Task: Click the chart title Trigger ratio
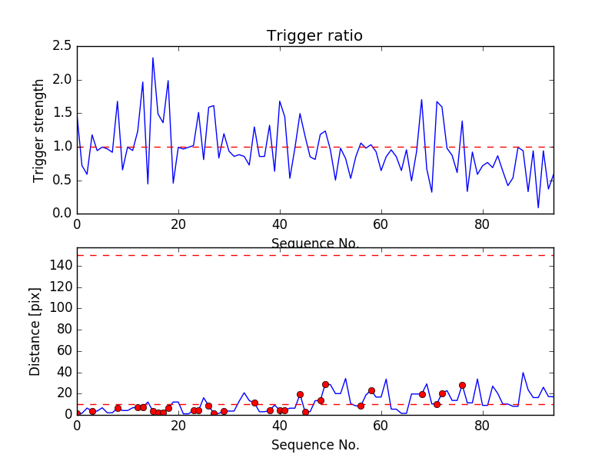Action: (x=314, y=36)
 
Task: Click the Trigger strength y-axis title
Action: (x=39, y=130)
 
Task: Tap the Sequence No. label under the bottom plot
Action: (x=314, y=445)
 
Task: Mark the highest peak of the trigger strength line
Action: (x=153, y=58)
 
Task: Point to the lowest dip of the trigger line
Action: (x=538, y=207)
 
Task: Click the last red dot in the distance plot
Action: (x=462, y=385)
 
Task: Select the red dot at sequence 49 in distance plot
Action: (x=325, y=384)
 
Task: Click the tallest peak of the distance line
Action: (x=524, y=373)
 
